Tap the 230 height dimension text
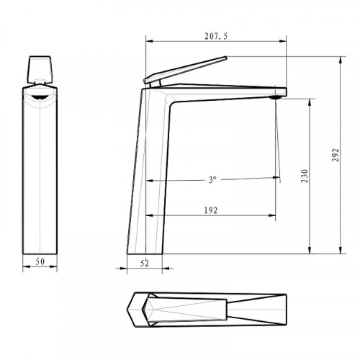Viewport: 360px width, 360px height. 305,176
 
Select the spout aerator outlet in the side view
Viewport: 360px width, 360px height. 276,96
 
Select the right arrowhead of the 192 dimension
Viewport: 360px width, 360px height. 274,215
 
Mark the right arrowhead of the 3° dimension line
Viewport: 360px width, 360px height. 274,179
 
